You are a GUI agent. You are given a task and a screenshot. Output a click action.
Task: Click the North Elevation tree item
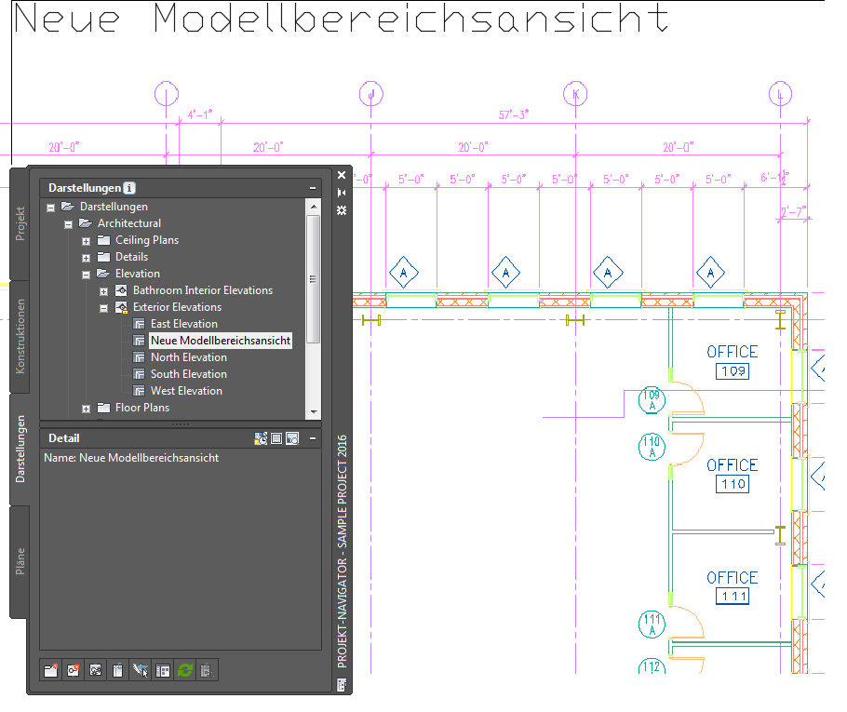pos(189,357)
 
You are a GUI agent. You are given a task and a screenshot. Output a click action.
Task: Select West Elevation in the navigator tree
pos(186,391)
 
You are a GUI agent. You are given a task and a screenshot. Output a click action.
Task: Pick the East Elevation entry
pos(183,324)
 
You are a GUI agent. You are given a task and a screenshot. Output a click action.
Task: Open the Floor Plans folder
pos(141,408)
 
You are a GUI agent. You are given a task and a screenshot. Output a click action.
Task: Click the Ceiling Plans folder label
pos(146,240)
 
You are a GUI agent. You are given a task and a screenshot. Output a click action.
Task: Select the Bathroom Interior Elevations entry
pos(202,290)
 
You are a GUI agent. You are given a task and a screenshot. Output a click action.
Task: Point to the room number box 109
pos(733,372)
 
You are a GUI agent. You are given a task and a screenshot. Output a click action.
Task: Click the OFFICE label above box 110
pos(733,465)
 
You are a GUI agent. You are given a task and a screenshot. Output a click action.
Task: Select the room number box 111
pos(733,597)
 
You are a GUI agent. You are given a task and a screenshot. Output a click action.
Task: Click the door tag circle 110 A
pos(652,447)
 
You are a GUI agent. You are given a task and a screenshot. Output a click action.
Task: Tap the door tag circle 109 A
pos(652,401)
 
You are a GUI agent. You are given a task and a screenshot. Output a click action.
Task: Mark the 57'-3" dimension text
pos(513,114)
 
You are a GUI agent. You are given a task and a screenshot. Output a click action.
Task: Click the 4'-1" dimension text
pos(200,114)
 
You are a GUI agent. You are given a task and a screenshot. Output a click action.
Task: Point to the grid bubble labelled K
pos(576,94)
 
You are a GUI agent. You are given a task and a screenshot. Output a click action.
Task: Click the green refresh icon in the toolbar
pos(185,669)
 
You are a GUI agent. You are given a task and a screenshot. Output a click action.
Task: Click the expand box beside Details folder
pos(86,257)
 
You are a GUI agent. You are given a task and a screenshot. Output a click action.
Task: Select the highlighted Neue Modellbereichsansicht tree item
pos(221,341)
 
